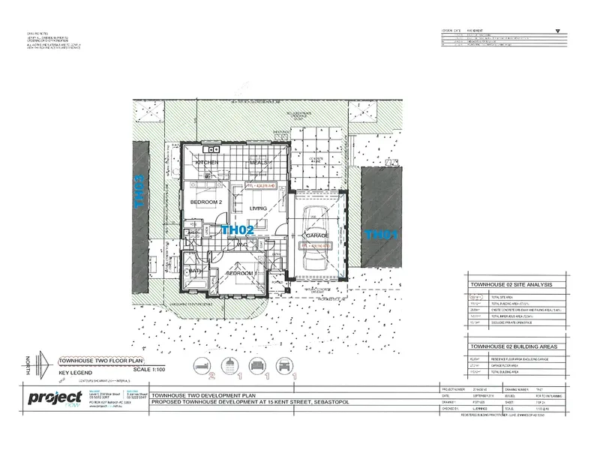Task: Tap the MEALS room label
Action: [x=259, y=162]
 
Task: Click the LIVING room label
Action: [x=259, y=209]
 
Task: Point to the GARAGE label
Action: [x=316, y=235]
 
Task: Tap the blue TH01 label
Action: [x=381, y=234]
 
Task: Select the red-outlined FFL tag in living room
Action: [x=258, y=181]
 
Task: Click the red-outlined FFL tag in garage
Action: [x=315, y=246]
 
